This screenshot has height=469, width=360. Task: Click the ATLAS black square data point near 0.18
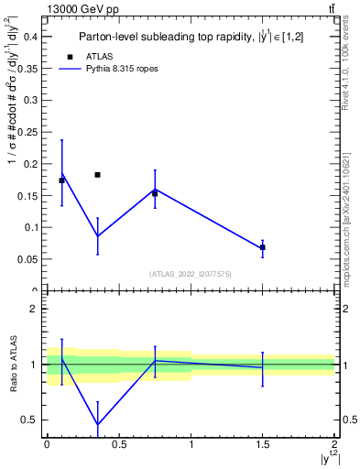coord(97,174)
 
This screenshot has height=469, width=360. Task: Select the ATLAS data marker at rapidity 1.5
coord(263,247)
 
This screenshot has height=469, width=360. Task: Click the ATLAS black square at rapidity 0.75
coord(155,193)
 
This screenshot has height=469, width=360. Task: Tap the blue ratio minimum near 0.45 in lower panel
coord(97,425)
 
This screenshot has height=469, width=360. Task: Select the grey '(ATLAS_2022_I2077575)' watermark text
coord(191,273)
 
